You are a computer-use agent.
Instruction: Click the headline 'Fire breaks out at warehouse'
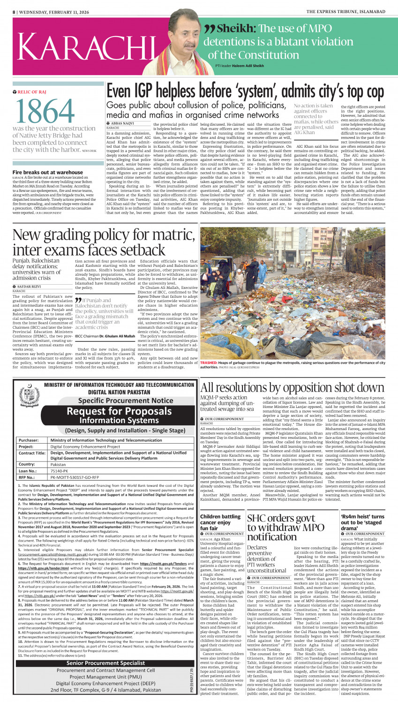[48, 173]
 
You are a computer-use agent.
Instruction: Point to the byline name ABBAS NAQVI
[123, 123]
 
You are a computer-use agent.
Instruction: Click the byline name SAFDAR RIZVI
[30, 286]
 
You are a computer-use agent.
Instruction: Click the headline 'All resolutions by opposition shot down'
[292, 387]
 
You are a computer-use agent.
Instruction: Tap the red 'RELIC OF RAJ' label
[32, 92]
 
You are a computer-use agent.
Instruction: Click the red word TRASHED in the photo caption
[209, 363]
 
